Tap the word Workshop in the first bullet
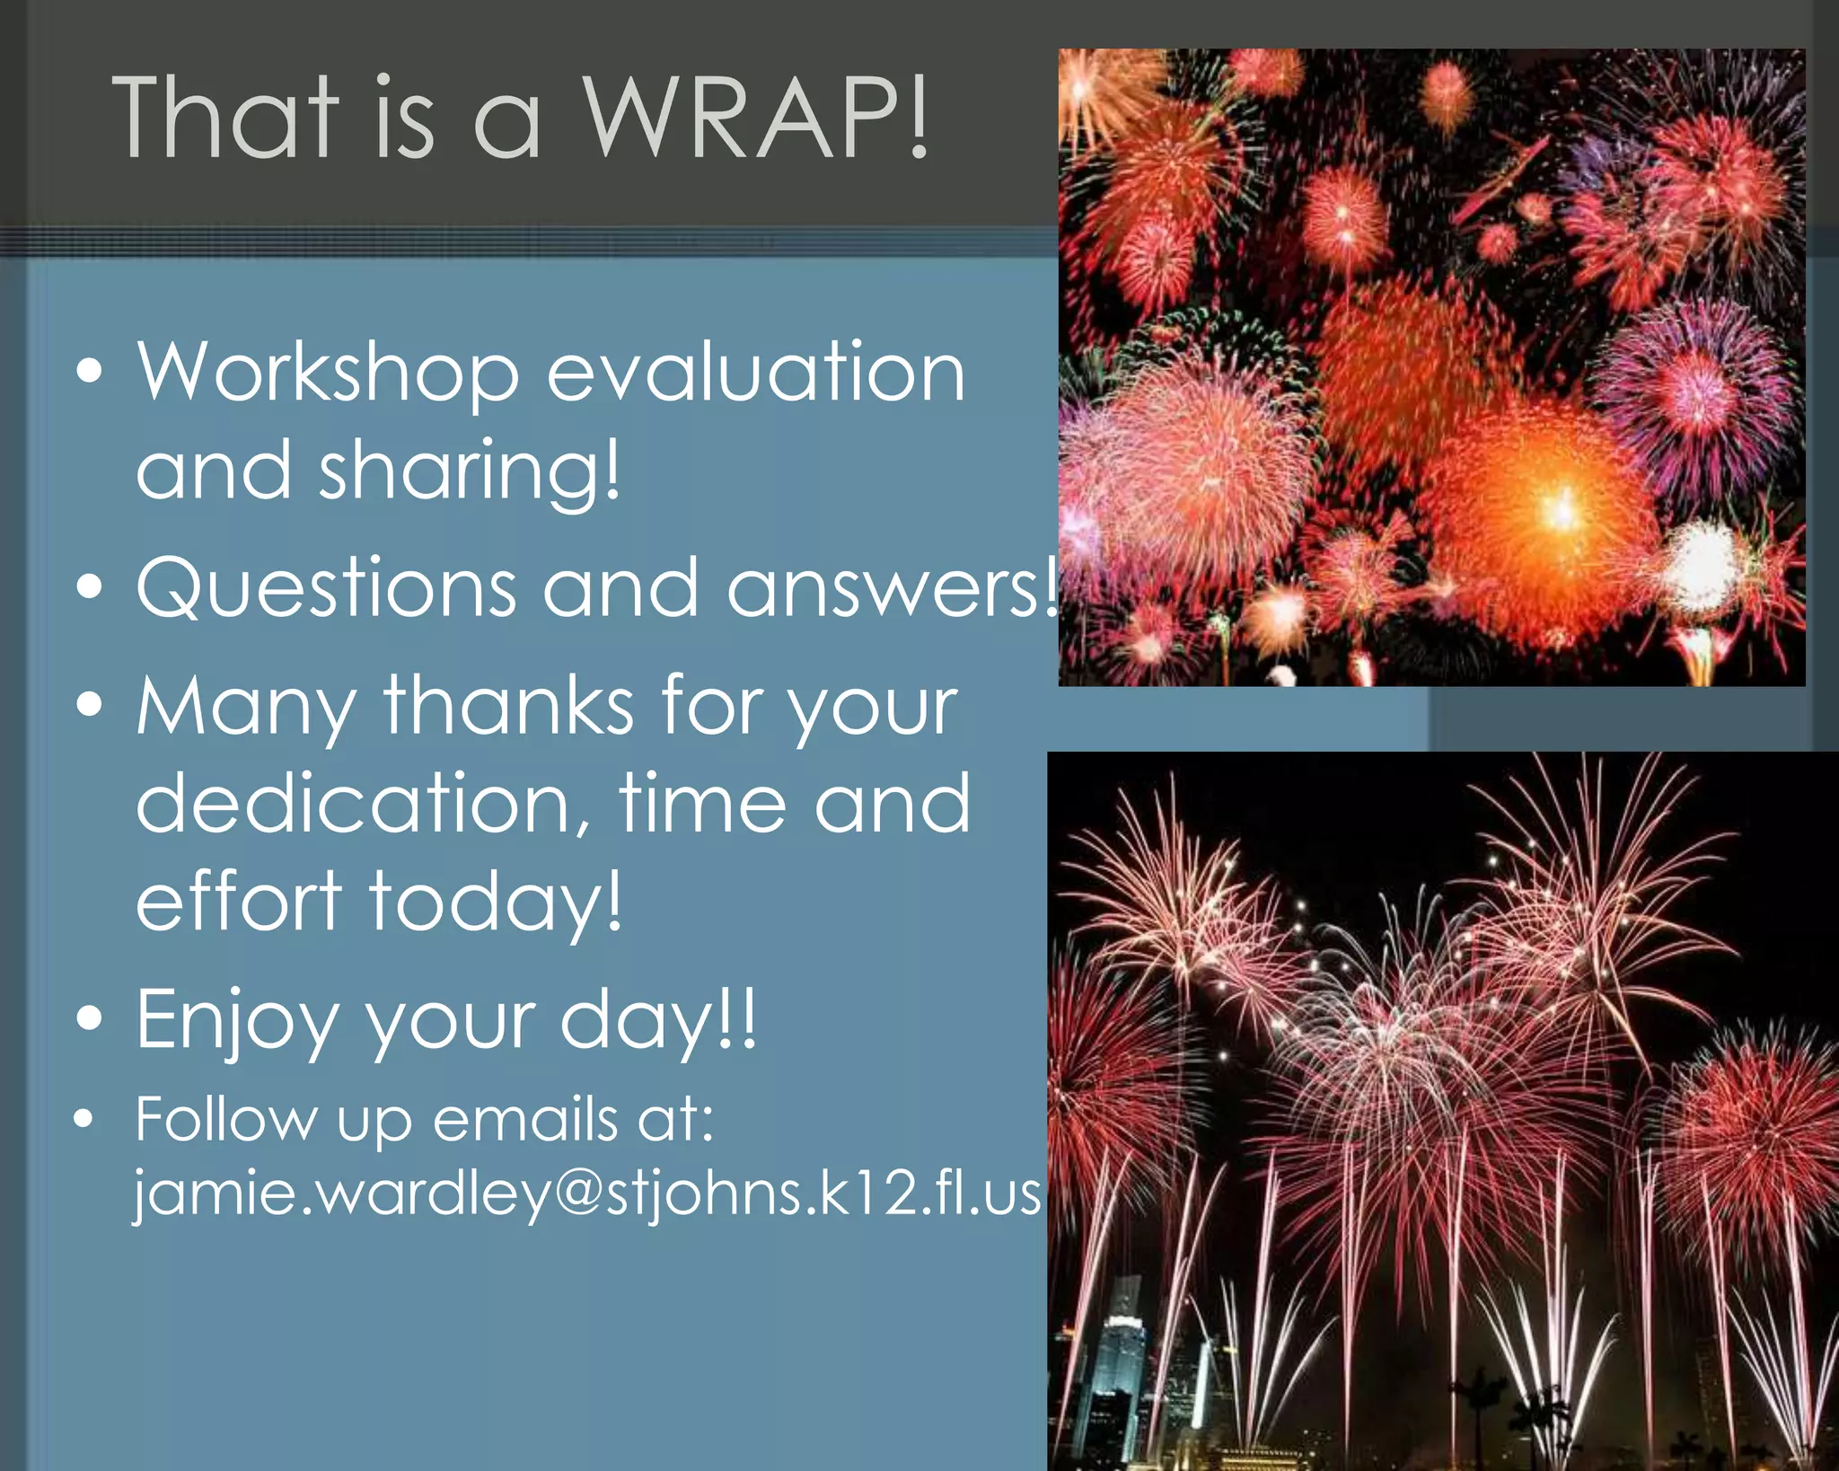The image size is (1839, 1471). click(x=328, y=373)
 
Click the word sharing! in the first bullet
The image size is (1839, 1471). click(x=469, y=471)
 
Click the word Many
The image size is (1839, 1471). click(x=245, y=707)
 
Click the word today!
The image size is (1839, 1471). click(x=495, y=902)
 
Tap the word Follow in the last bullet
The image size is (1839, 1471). click(x=225, y=1120)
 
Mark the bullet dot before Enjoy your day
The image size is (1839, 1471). click(x=89, y=1018)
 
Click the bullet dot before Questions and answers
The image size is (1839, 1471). click(x=89, y=587)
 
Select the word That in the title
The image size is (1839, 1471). click(x=225, y=117)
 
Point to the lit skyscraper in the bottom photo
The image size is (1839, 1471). click(x=1122, y=1347)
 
